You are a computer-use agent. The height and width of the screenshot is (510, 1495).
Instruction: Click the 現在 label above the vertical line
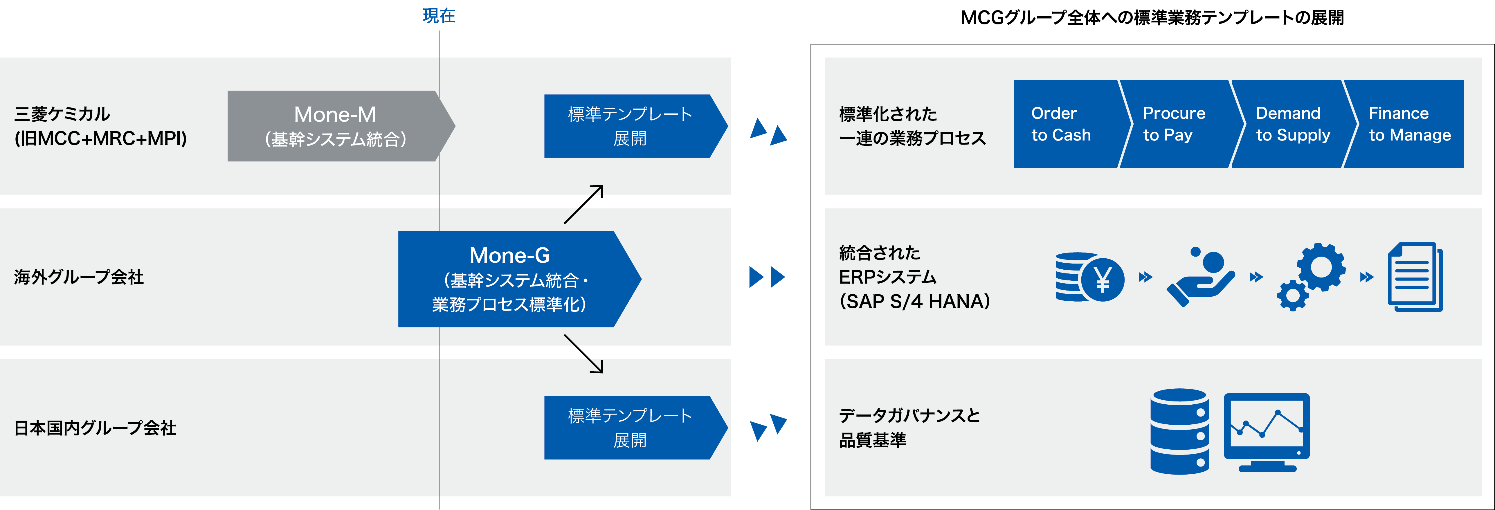[439, 16]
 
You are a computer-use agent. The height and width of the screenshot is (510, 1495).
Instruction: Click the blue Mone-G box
[509, 279]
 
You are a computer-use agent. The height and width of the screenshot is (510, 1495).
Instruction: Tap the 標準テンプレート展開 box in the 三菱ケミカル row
[630, 126]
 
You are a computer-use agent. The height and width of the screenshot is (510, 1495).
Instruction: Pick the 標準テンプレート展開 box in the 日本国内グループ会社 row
[630, 428]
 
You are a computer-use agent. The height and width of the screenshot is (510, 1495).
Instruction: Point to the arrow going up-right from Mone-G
[584, 204]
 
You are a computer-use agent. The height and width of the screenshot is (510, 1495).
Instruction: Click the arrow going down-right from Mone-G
[584, 353]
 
